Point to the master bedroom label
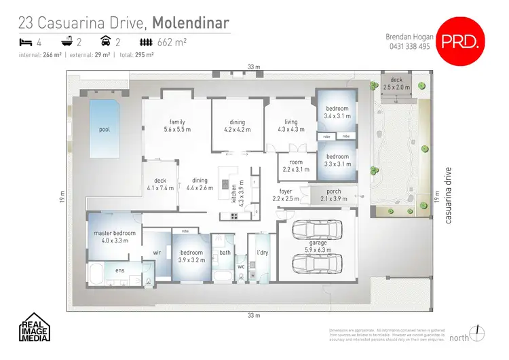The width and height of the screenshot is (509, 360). (x=115, y=236)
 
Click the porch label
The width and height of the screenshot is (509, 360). (x=334, y=195)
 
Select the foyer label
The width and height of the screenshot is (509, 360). (x=286, y=195)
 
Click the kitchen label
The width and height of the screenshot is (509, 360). (x=235, y=193)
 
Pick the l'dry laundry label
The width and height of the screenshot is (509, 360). (x=262, y=253)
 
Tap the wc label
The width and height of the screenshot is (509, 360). (x=240, y=267)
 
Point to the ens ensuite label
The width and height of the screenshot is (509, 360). (x=119, y=270)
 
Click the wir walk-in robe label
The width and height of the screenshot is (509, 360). (x=155, y=252)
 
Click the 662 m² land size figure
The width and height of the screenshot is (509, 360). (x=172, y=42)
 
